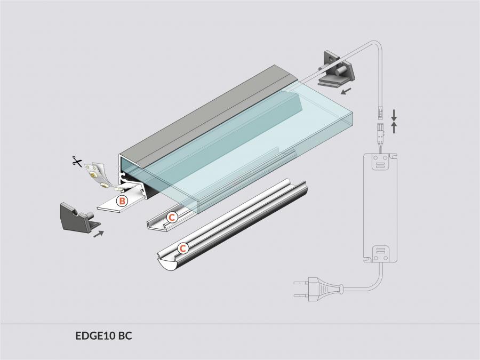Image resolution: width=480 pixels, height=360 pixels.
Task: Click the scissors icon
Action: coord(77,161)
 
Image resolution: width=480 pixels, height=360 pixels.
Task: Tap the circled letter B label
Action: coord(122,201)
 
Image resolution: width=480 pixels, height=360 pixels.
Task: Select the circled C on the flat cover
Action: coord(172,218)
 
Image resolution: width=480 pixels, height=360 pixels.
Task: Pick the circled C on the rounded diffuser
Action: coord(183,248)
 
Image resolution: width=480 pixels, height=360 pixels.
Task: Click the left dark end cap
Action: coord(79,217)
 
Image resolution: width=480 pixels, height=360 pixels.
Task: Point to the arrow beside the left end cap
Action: coord(99,234)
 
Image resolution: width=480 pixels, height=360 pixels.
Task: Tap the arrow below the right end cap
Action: coord(347,91)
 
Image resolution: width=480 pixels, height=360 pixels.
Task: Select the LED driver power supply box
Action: coord(380,208)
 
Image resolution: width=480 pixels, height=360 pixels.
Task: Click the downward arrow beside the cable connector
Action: coord(394,115)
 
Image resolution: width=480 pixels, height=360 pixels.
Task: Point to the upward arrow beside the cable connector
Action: coord(394,127)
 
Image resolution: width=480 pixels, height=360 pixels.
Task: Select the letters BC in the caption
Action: coord(125,335)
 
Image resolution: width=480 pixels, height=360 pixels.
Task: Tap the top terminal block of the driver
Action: coord(380,161)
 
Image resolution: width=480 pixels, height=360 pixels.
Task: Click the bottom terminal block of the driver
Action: coord(380,254)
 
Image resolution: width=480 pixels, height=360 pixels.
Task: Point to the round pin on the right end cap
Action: coord(338,71)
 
